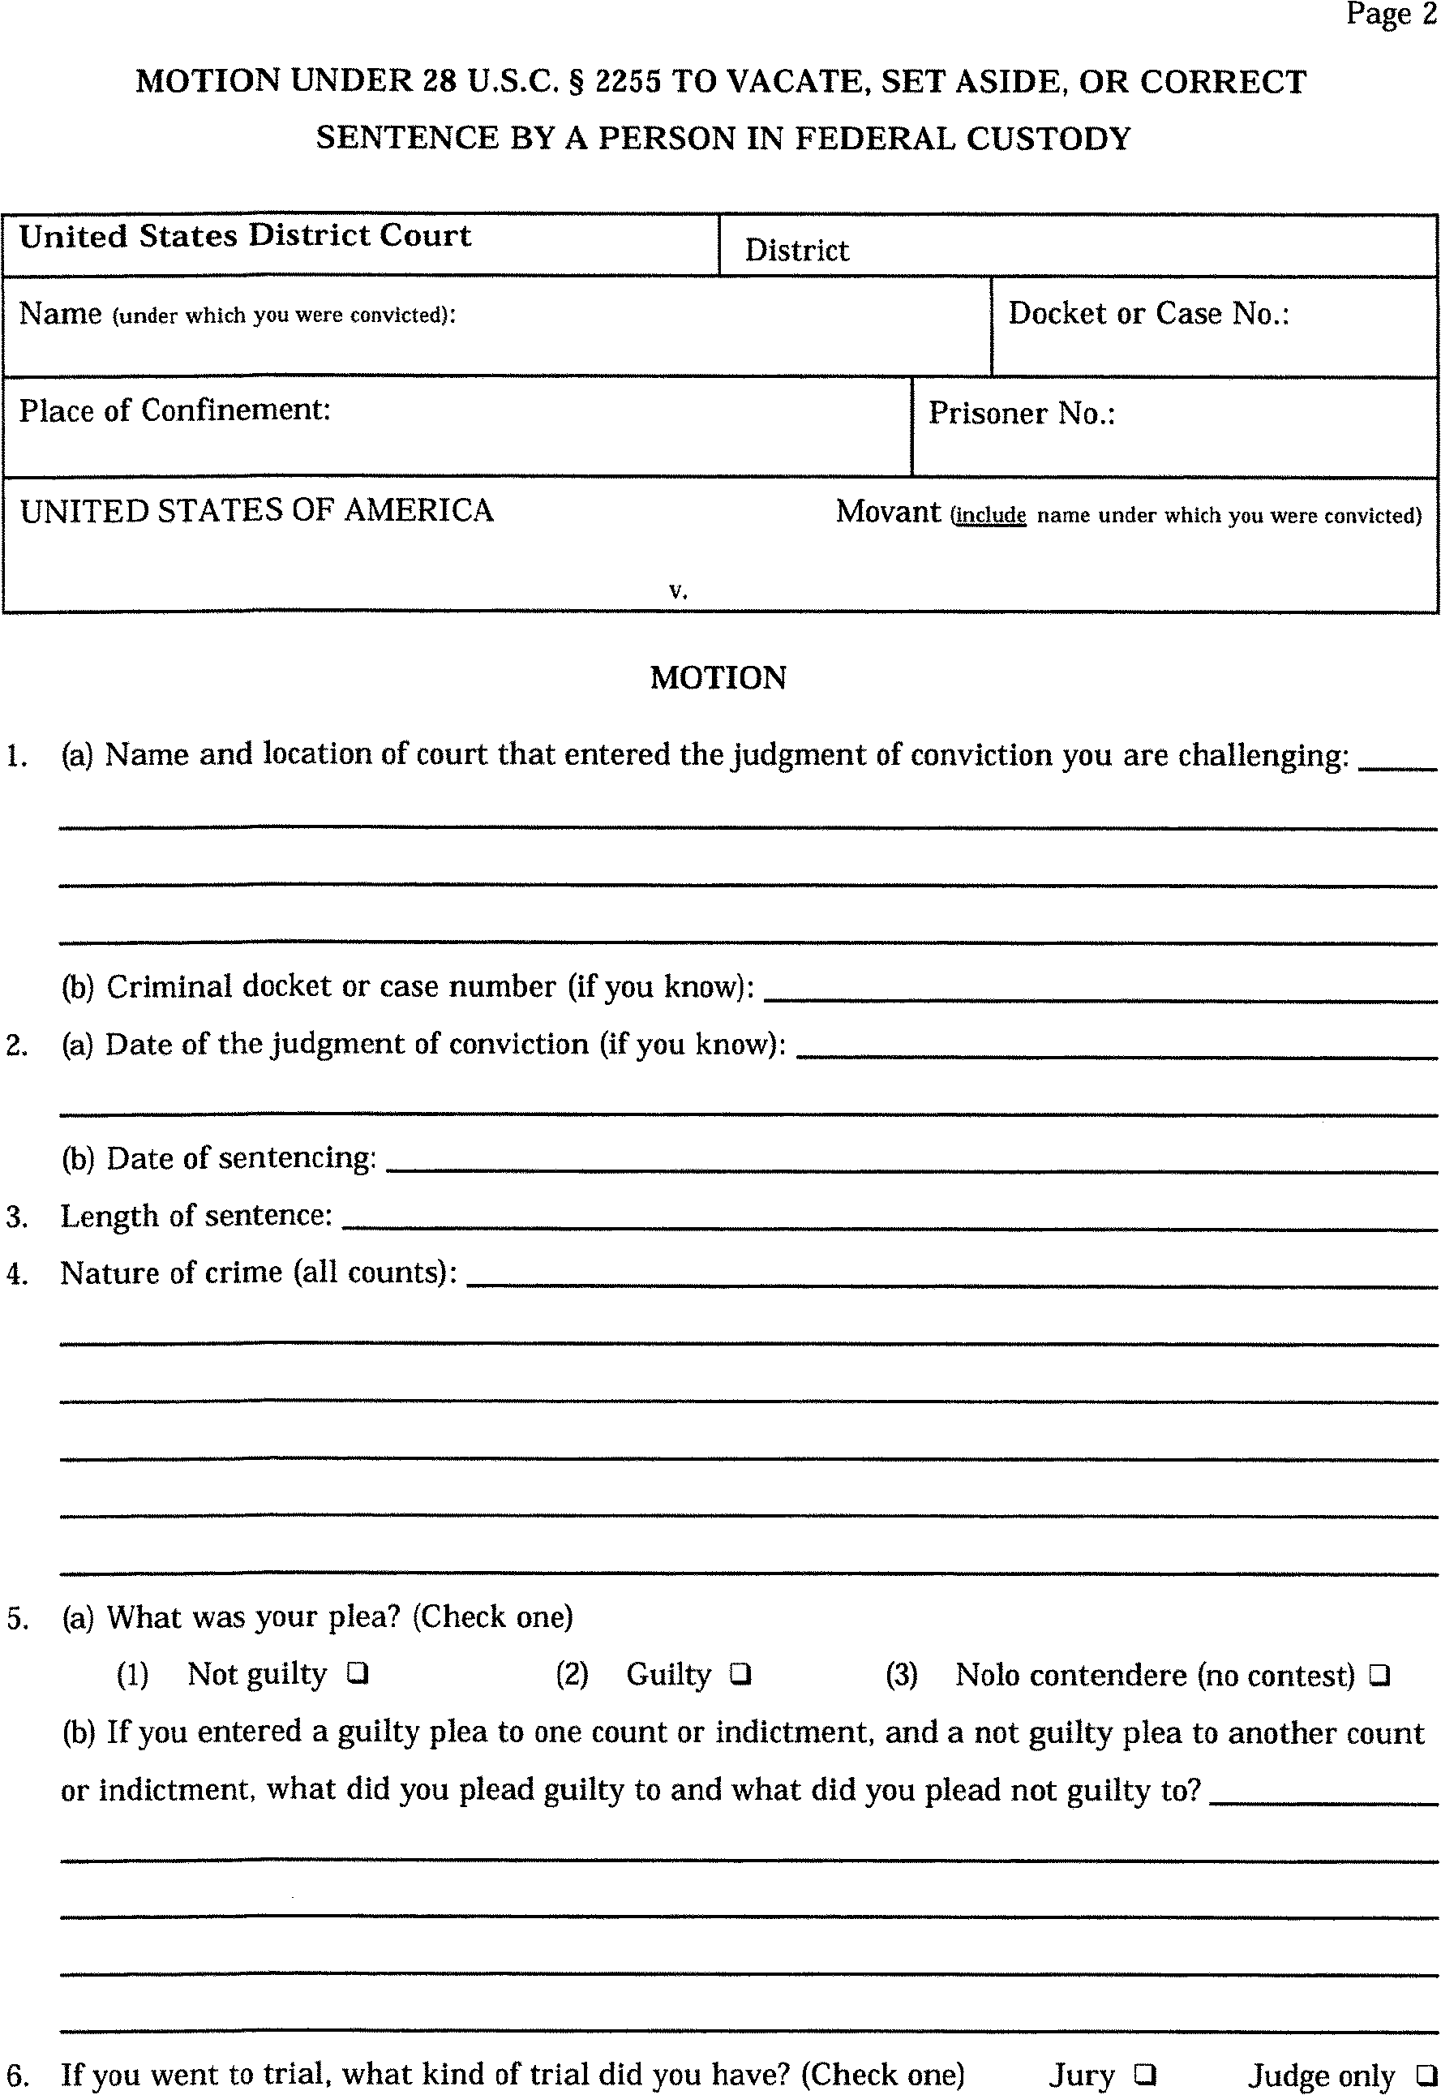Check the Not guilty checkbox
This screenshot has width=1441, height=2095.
(358, 1674)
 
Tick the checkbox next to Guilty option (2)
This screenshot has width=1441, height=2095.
(740, 1674)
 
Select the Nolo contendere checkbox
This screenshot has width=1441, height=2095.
(1379, 1676)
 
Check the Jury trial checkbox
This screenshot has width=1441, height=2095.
(1145, 2073)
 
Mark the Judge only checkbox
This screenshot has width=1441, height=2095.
(1426, 2074)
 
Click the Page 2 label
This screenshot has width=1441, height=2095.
(1391, 15)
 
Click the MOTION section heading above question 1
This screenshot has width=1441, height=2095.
(718, 677)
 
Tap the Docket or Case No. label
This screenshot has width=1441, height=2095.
(1148, 313)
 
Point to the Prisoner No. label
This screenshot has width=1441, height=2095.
(1021, 414)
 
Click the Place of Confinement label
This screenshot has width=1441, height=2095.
(175, 410)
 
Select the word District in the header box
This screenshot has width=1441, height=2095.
(796, 250)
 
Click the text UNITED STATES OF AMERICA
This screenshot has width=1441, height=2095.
(256, 510)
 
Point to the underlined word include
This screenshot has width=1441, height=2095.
(990, 516)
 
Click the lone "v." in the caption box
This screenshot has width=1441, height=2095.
(678, 590)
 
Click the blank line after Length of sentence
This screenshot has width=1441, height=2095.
(890, 1226)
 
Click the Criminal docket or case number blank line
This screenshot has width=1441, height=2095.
(1100, 998)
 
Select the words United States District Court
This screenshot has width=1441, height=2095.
(245, 236)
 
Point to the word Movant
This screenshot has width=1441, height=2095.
(887, 511)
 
